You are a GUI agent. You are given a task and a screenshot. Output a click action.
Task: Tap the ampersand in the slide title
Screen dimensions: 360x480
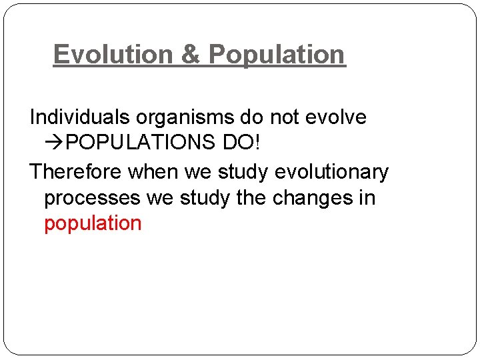pos(191,55)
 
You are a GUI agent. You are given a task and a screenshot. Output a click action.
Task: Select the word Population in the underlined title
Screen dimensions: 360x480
pos(277,55)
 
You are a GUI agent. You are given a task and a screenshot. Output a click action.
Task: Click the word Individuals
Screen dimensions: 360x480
pos(80,117)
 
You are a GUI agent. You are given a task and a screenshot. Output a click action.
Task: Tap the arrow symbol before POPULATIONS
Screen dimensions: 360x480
pos(55,143)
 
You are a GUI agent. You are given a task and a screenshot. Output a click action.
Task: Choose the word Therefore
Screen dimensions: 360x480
pos(75,172)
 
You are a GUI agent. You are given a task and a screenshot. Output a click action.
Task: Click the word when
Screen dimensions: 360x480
pos(153,172)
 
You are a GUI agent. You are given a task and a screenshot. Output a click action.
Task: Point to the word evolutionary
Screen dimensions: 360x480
pos(331,173)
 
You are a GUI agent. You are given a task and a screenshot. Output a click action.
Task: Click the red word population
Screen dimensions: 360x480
pos(93,224)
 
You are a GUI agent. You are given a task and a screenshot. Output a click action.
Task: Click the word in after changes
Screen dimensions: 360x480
pos(368,198)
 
